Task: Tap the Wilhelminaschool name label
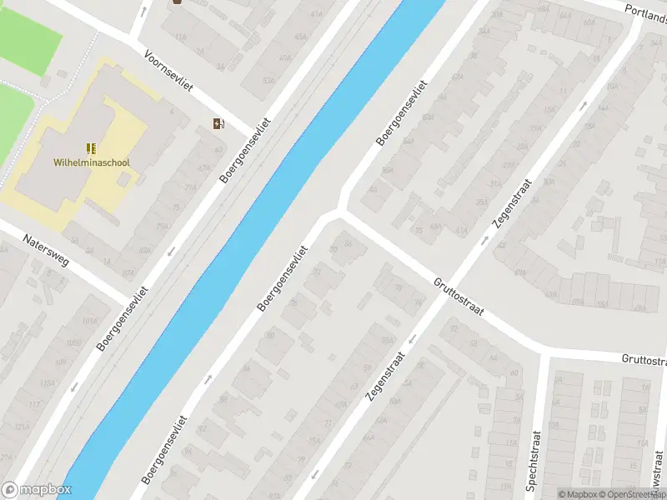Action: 92,163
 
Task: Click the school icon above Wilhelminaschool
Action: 92,148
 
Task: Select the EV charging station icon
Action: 218,124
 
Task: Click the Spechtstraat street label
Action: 534,462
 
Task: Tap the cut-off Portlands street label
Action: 646,12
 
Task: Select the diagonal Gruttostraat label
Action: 458,296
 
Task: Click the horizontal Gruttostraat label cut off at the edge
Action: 644,360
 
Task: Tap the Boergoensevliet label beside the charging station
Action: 245,149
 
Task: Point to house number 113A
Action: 48,383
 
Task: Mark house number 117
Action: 34,404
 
